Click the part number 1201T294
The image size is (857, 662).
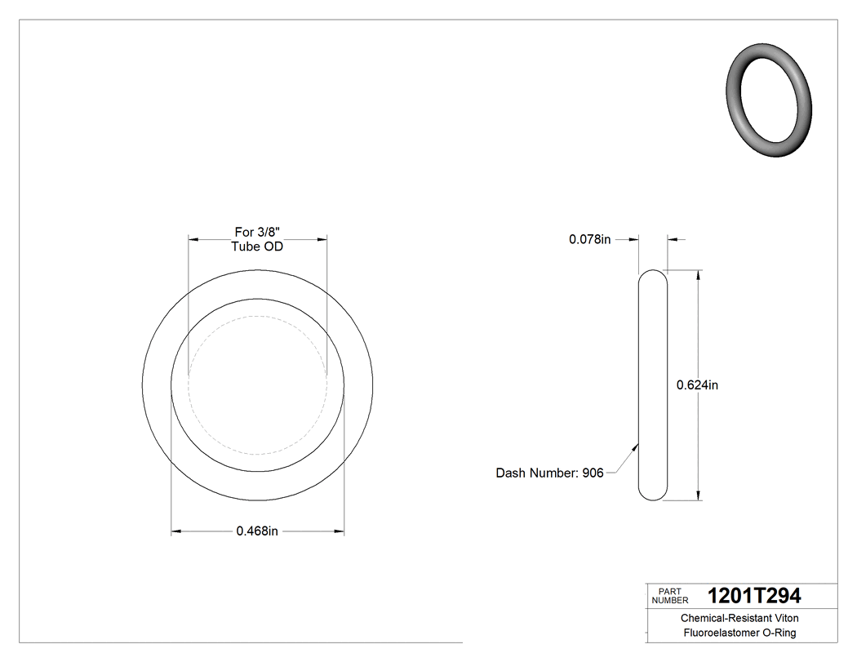[x=754, y=595]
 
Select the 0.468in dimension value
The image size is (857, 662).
[x=257, y=531]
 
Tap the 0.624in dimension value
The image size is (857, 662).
[x=697, y=384]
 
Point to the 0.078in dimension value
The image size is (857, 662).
[x=589, y=239]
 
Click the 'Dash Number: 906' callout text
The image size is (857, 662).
[x=549, y=473]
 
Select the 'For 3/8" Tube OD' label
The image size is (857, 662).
[x=257, y=239]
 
